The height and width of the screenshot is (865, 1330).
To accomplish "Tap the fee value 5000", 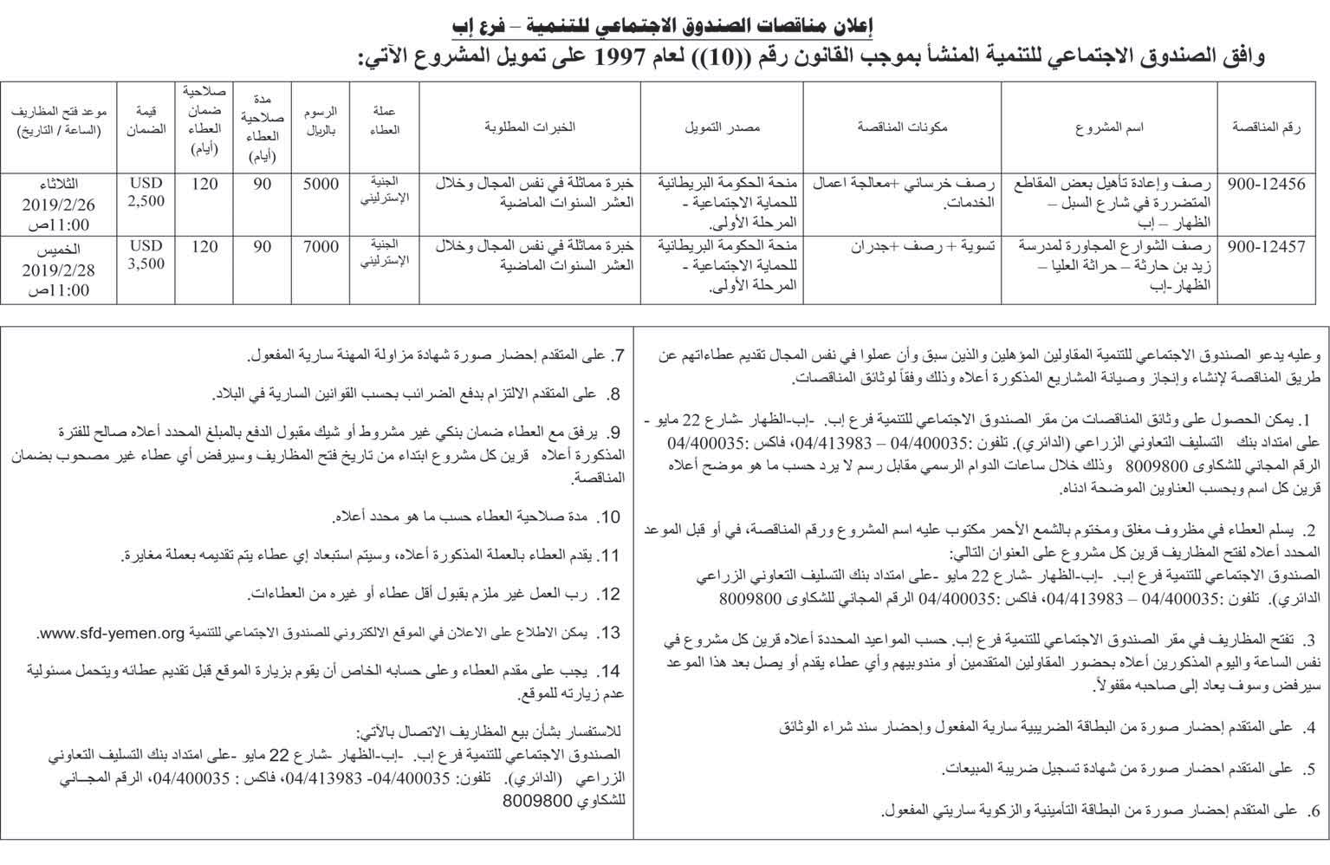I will point(321,185).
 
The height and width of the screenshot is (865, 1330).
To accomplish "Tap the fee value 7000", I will point(321,247).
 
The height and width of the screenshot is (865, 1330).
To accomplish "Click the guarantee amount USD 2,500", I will point(146,192).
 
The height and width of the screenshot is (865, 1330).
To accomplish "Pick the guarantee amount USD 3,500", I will point(146,255).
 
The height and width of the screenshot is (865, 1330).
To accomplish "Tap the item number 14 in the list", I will point(612,672).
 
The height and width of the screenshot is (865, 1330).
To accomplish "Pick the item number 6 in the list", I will point(1314,810).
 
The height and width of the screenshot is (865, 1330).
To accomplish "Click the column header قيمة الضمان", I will point(146,120).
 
